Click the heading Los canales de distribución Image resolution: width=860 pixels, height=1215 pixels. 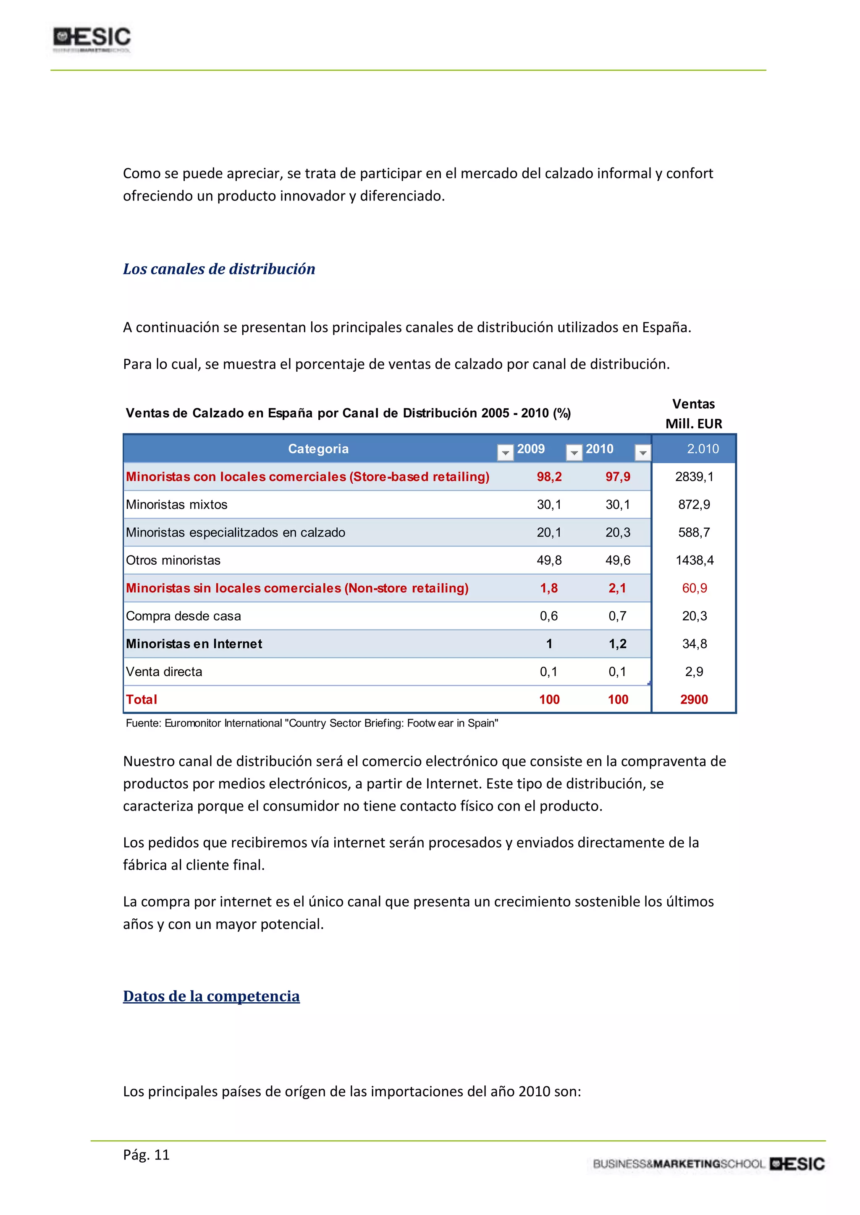point(219,269)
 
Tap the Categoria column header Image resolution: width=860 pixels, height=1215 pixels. point(318,449)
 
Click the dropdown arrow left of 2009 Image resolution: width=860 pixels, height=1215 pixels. point(505,452)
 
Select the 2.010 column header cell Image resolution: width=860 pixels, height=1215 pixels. point(702,449)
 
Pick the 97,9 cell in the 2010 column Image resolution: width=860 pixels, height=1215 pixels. point(617,477)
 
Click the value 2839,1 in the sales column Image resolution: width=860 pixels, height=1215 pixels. point(694,477)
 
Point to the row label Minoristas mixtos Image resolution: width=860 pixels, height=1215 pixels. point(176,505)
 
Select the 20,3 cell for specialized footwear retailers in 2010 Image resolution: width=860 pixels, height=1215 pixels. point(617,532)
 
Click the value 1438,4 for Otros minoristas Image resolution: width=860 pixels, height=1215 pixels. point(694,561)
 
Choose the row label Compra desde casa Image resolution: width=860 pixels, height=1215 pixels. point(183,616)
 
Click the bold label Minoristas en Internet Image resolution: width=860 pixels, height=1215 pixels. point(194,644)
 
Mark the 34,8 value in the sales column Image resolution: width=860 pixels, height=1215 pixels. point(694,644)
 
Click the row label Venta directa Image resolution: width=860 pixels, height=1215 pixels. point(164,672)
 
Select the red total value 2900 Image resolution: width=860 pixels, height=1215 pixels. point(694,699)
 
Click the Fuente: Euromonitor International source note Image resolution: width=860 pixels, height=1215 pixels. point(312,723)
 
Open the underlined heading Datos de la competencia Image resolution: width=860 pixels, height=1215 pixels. point(211,996)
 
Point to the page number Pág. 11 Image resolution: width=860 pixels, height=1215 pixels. point(146,1155)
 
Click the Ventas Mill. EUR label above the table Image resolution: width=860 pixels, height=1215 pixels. point(693,414)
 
